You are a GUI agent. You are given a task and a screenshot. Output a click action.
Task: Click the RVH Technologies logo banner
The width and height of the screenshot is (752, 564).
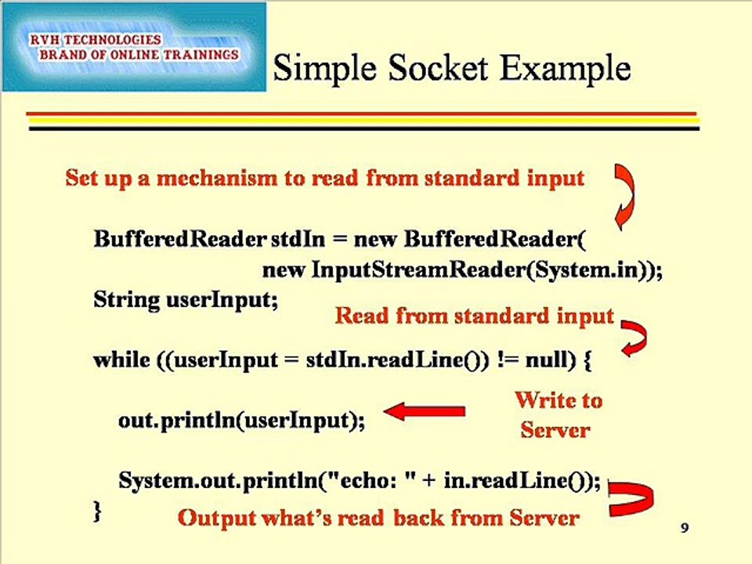pos(133,47)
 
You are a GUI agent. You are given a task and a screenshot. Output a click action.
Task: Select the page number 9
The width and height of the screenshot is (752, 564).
pos(685,529)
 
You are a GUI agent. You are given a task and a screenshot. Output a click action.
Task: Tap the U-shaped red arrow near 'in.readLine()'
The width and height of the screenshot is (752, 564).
pos(631,499)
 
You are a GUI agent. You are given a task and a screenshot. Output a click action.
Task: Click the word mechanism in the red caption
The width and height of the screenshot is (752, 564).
pos(219,179)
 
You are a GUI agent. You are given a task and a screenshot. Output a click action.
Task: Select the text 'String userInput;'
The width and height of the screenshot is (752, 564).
pos(186,300)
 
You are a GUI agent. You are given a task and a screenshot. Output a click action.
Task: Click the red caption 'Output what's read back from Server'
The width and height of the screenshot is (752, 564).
pos(378,518)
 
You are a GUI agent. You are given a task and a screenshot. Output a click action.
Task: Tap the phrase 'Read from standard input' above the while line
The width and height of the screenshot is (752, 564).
pos(475,316)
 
